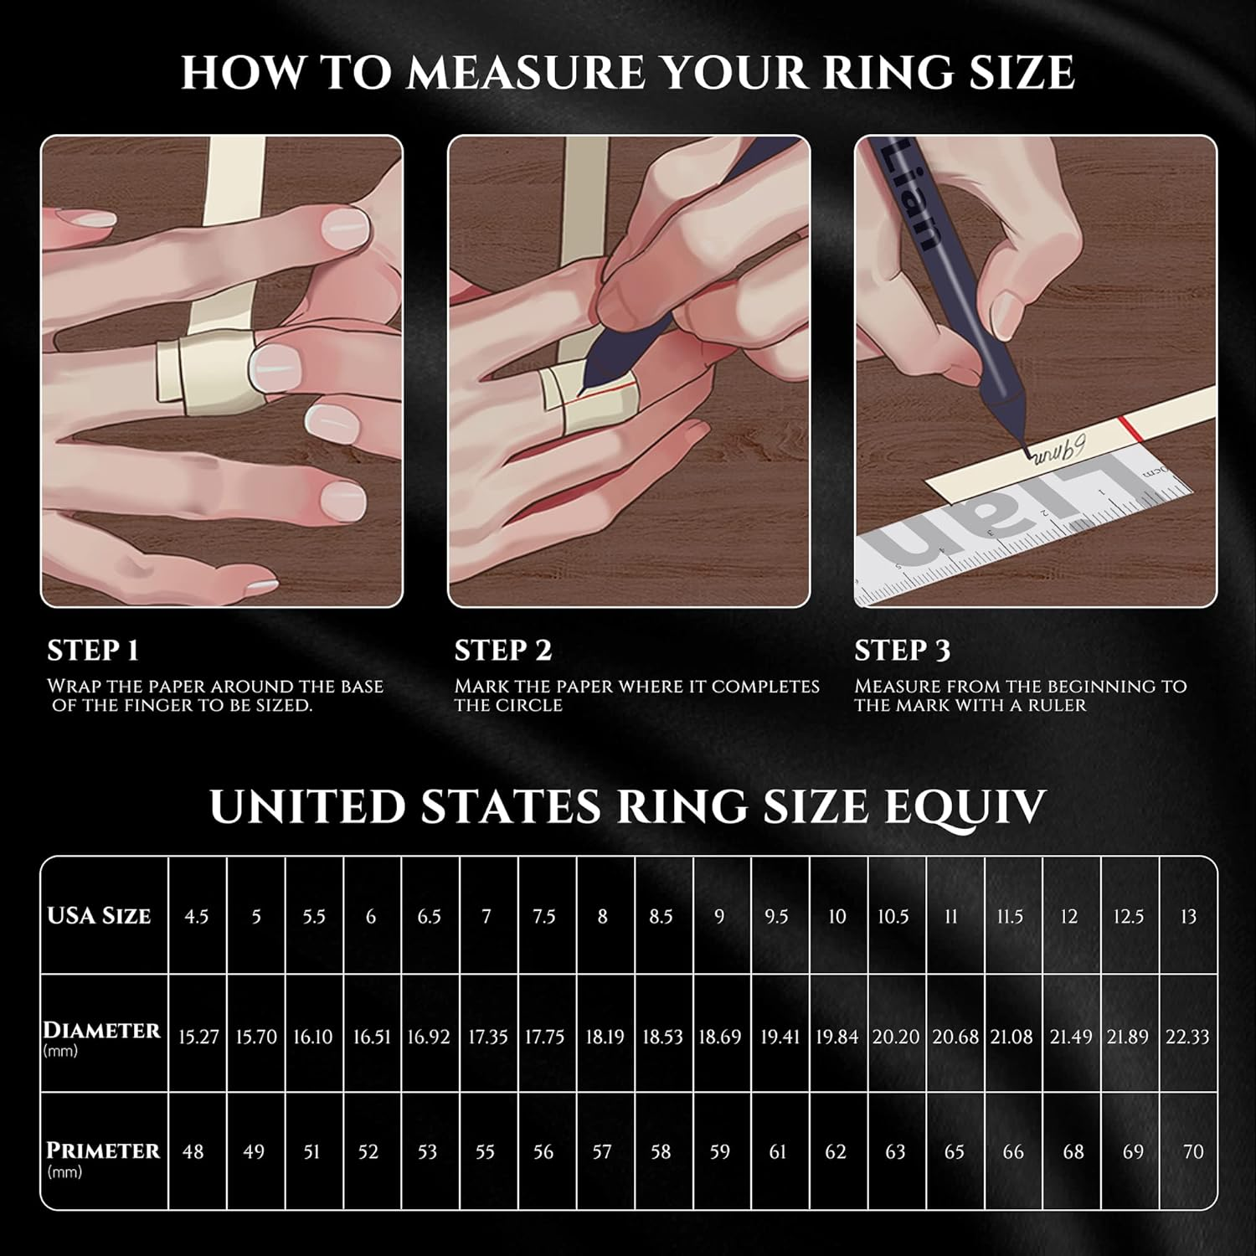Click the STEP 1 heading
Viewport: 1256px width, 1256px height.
click(x=93, y=651)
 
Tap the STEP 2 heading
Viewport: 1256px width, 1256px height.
click(x=503, y=651)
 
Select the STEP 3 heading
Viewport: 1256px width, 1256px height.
click(x=903, y=651)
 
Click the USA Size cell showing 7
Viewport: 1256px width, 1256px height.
click(x=486, y=916)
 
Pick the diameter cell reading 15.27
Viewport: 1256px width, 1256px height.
click(x=198, y=1037)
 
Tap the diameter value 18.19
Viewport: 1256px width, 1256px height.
click(x=604, y=1037)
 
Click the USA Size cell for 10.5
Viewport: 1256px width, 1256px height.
click(x=893, y=916)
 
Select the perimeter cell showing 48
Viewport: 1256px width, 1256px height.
click(x=193, y=1152)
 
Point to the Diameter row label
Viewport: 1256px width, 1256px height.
click(x=101, y=1031)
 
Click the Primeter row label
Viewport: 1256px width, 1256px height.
click(x=102, y=1151)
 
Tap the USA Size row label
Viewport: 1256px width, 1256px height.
click(x=99, y=916)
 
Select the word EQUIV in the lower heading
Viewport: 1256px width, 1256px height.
click(x=975, y=806)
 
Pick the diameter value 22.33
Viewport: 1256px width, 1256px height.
click(x=1187, y=1037)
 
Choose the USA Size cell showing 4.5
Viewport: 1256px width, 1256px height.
click(x=197, y=916)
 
